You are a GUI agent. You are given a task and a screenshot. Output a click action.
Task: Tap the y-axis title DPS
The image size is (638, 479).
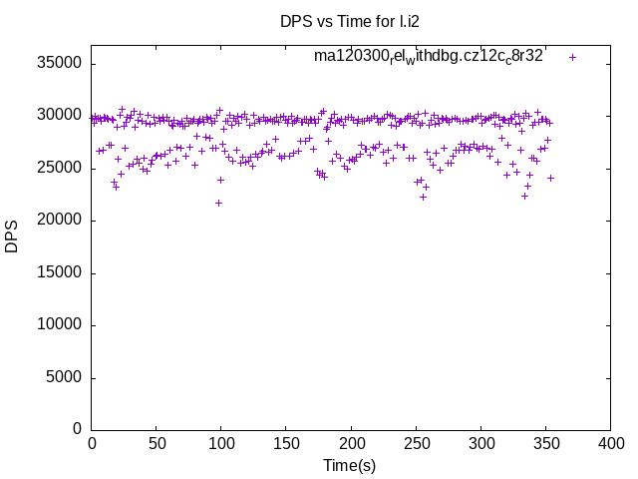pos(12,236)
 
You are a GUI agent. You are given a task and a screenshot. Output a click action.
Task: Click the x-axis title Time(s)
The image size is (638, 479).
pos(349,465)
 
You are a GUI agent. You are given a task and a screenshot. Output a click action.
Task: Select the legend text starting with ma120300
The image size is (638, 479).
pos(428,57)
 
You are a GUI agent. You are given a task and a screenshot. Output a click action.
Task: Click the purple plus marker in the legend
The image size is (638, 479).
pos(572,57)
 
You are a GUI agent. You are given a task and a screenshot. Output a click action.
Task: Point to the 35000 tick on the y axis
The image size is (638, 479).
pos(59,63)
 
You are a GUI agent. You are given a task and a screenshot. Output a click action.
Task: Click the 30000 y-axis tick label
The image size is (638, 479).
pos(59,115)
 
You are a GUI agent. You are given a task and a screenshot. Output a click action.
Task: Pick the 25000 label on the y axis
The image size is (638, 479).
pos(59,168)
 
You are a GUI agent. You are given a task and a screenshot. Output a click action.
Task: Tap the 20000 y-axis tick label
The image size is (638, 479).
pos(59,220)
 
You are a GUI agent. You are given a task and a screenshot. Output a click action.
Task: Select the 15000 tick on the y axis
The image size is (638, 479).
pos(59,272)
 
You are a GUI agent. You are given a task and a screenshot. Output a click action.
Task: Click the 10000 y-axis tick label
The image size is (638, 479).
pos(59,324)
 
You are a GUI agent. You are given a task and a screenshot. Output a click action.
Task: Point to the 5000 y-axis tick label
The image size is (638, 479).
pos(63,377)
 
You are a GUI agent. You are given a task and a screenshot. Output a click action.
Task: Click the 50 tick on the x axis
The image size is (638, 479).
pos(157,442)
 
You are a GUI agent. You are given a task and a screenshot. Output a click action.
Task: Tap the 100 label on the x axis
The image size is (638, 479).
pos(221,442)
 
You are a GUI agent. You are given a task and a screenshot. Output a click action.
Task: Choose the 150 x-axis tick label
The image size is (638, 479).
pos(286,442)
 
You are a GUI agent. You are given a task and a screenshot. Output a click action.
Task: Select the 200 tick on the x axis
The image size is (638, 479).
pos(351,442)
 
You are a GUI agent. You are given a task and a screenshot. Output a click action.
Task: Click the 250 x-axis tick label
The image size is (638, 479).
pos(416,442)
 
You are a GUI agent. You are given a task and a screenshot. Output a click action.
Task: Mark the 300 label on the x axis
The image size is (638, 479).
pos(480,442)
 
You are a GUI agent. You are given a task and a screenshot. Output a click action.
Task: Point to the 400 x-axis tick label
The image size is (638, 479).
pos(610,442)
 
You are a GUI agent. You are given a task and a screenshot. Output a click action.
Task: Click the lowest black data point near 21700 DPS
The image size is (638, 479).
pos(218,203)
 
